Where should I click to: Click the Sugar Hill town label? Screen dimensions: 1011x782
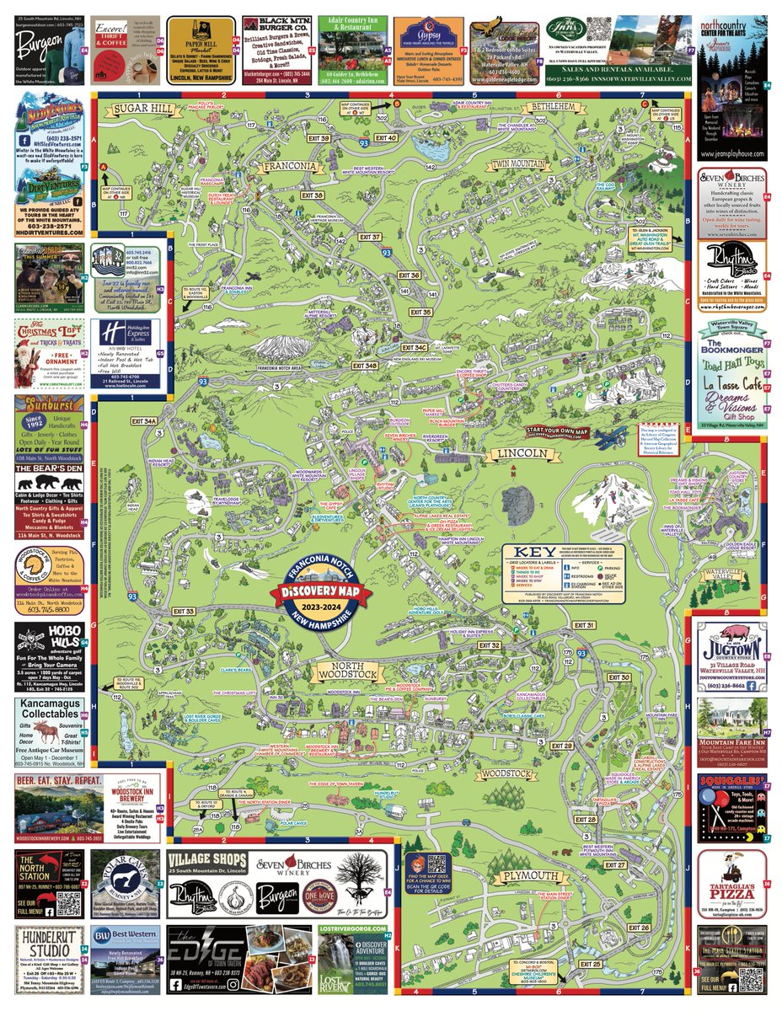[x=144, y=108]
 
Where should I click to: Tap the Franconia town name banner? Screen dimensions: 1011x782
[x=289, y=166]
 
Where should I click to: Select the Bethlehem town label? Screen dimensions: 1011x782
[x=553, y=107]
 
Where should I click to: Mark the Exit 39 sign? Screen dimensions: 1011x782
[x=319, y=137]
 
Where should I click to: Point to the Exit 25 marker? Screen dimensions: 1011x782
[x=591, y=964]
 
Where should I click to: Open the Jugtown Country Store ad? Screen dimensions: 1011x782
[x=731, y=654]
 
